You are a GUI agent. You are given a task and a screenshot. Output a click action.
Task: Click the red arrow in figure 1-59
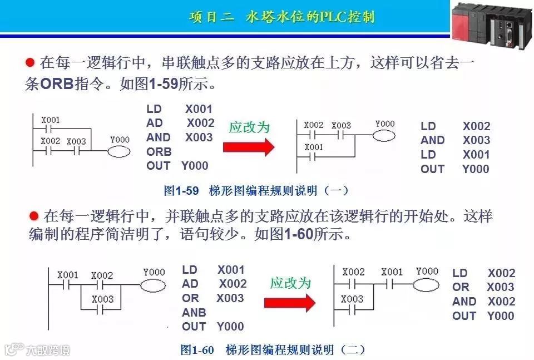click(x=249, y=147)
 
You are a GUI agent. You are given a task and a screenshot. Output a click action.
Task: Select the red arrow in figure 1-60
click(x=289, y=303)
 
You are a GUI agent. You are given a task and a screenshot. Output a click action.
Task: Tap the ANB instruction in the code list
click(x=194, y=312)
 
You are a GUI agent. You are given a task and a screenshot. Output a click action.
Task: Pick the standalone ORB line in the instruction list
click(x=159, y=151)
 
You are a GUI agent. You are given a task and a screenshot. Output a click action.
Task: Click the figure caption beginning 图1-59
click(x=256, y=191)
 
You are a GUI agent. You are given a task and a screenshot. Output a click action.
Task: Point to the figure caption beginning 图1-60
click(x=273, y=350)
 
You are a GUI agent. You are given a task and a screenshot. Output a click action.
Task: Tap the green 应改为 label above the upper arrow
click(x=249, y=127)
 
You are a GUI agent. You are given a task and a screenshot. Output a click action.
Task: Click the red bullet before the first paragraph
click(x=31, y=61)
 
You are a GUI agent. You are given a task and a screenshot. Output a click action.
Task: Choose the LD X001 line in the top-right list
click(x=455, y=155)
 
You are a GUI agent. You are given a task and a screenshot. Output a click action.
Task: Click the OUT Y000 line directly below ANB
click(x=212, y=327)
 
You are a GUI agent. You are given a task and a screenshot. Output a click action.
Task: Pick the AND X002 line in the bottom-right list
click(x=483, y=302)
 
